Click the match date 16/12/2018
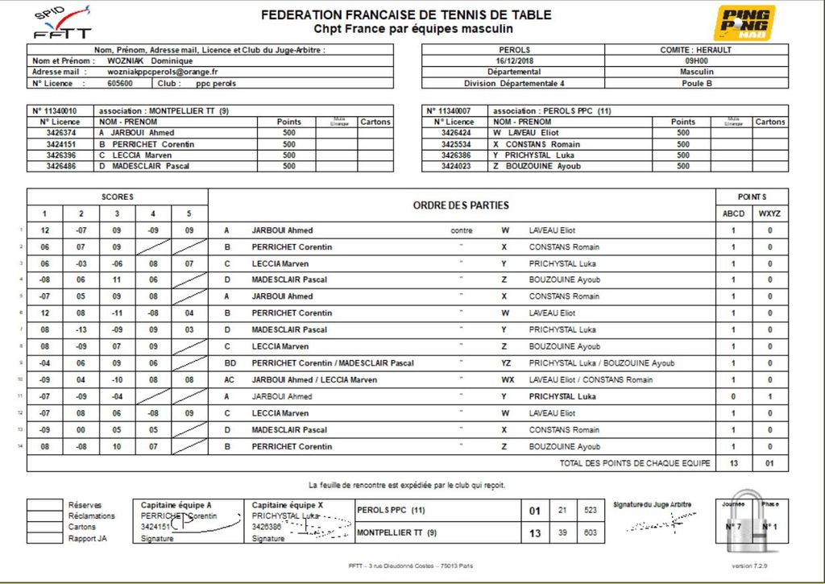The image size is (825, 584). (x=515, y=60)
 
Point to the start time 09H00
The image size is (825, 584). (x=696, y=60)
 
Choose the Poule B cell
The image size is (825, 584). (x=696, y=83)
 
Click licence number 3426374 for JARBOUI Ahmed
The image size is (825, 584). (x=61, y=133)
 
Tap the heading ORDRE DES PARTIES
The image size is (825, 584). (x=462, y=205)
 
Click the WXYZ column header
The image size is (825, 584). (x=769, y=213)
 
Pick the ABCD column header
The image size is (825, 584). (x=733, y=213)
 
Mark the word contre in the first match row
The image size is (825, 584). (x=461, y=230)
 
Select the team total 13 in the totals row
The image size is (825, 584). (x=733, y=463)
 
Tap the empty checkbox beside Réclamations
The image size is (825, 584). (x=46, y=516)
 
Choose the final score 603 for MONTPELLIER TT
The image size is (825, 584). (x=591, y=532)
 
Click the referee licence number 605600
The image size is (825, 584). (x=120, y=83)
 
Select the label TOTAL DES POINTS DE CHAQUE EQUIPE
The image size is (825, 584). (x=635, y=463)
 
